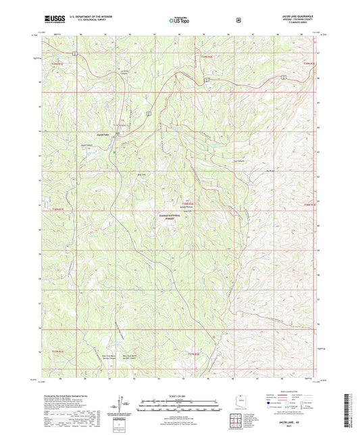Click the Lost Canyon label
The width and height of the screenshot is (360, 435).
(238, 161)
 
